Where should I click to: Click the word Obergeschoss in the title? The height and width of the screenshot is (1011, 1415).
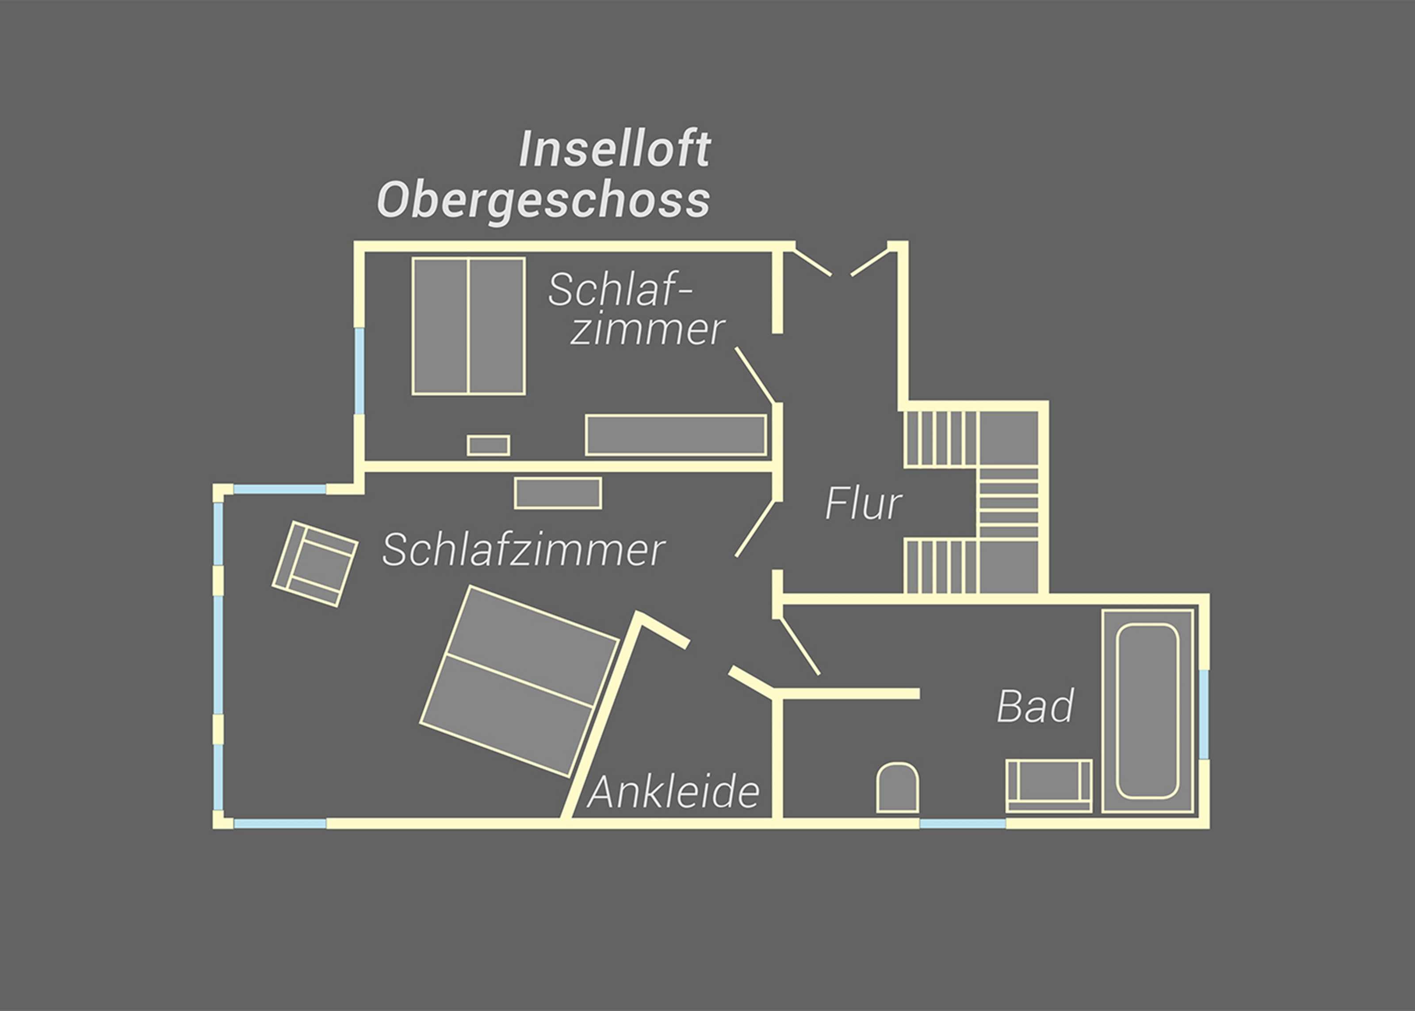pyautogui.click(x=543, y=200)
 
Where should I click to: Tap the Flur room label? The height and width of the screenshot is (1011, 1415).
pyautogui.click(x=863, y=504)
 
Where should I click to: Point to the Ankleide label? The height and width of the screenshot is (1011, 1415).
pyautogui.click(x=673, y=792)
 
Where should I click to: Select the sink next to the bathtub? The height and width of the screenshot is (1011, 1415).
pyautogui.click(x=1048, y=785)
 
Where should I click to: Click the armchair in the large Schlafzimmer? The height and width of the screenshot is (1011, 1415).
pyautogui.click(x=315, y=564)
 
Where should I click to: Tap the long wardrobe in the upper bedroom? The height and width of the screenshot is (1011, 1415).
pyautogui.click(x=676, y=435)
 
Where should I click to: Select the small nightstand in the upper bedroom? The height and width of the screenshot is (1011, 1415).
pyautogui.click(x=489, y=445)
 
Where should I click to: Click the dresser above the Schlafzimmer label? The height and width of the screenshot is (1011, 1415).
pyautogui.click(x=558, y=493)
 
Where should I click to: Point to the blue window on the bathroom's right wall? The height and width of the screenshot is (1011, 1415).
pyautogui.click(x=1204, y=714)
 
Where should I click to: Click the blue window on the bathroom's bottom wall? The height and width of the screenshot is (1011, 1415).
pyautogui.click(x=963, y=823)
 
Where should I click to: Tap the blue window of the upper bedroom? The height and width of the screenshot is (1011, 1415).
pyautogui.click(x=359, y=371)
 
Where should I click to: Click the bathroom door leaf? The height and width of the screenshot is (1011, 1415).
pyautogui.click(x=799, y=646)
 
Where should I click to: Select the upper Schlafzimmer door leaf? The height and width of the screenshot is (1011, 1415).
pyautogui.click(x=755, y=375)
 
